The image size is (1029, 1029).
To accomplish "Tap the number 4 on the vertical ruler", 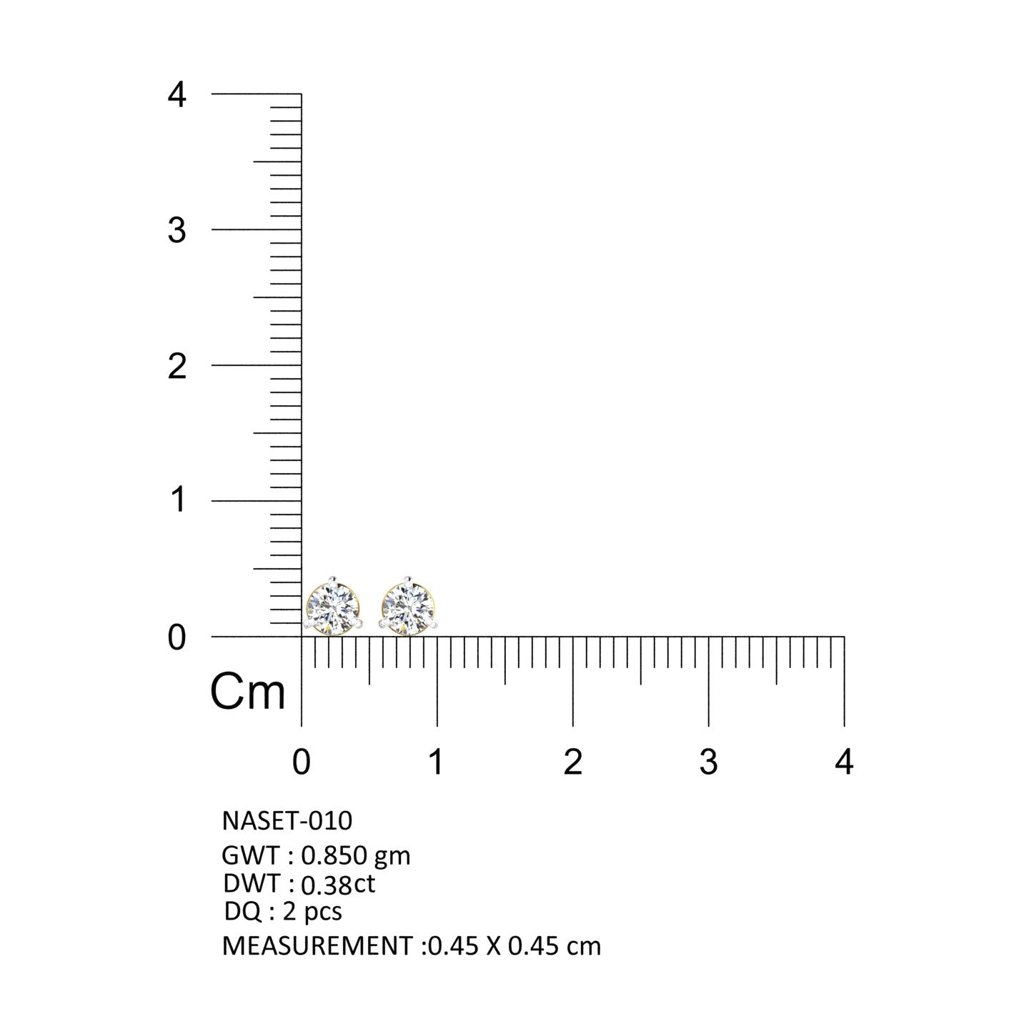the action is click(177, 95).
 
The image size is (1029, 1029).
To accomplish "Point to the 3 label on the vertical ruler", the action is click(177, 231).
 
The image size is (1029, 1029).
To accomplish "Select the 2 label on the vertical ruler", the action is click(177, 367).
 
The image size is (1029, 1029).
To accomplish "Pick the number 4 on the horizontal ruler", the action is click(844, 762).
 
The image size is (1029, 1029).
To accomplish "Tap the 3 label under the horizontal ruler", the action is click(709, 762).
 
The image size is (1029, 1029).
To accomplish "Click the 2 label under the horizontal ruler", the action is click(573, 762).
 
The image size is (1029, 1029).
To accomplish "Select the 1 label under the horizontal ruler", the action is click(437, 762).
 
